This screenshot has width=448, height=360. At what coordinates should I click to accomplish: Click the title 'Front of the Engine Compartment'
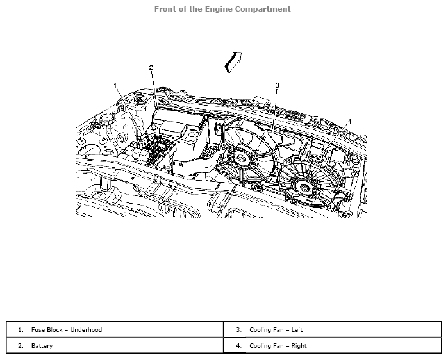click(222, 9)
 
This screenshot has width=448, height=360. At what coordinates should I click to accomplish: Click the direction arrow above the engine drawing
click(232, 61)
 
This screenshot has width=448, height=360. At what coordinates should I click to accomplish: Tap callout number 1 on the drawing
click(116, 85)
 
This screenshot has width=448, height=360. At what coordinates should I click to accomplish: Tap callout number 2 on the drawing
click(151, 67)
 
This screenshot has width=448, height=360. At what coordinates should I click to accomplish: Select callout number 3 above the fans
click(277, 85)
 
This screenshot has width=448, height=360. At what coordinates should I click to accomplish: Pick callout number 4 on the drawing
click(349, 120)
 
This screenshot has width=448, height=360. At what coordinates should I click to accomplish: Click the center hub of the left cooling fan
click(244, 157)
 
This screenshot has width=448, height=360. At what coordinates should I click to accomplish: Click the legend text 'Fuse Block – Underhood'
click(67, 330)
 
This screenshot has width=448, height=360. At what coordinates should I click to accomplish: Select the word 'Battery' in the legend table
click(42, 346)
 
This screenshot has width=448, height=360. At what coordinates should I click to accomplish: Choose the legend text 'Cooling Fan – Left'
click(276, 330)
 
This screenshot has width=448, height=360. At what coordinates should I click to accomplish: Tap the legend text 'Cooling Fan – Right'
click(278, 346)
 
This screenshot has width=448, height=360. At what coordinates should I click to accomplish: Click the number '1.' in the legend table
click(21, 330)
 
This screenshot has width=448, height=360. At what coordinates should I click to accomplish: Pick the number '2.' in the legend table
click(21, 346)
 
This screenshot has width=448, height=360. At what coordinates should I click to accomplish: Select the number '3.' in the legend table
click(238, 330)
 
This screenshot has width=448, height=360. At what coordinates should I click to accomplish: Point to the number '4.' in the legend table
click(238, 346)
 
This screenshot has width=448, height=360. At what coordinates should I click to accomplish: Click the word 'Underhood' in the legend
click(86, 330)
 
